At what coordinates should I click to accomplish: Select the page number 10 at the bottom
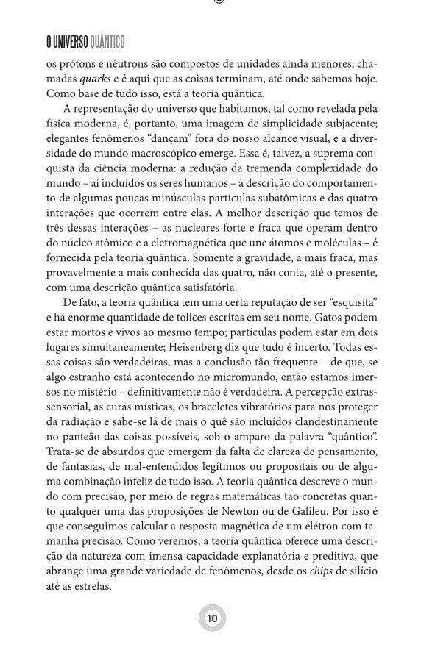click(212, 618)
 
